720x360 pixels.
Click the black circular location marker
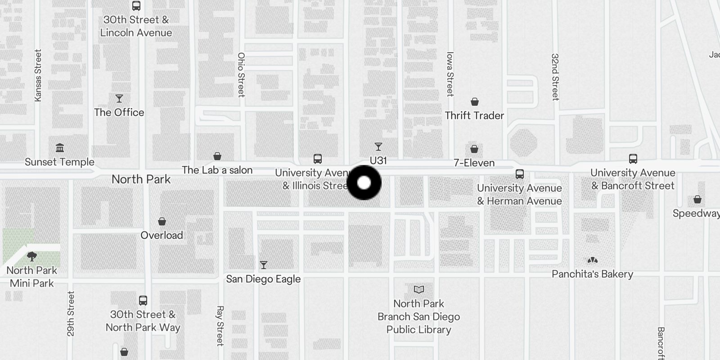tap(364, 183)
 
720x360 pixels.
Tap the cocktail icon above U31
tap(378, 147)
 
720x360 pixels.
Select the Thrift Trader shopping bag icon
tap(475, 102)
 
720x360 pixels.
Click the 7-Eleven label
tap(474, 163)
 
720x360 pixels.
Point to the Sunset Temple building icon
tap(60, 148)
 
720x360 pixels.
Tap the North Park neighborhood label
tap(141, 179)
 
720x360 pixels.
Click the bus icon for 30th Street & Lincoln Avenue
tap(136, 6)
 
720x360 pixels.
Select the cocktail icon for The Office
tap(119, 99)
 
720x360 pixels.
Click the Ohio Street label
tap(241, 75)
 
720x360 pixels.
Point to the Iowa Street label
tap(450, 74)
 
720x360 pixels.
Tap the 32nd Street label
tap(555, 77)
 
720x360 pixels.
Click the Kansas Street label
tap(38, 75)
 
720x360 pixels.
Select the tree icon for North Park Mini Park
tap(32, 256)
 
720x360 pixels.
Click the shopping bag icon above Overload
tap(162, 221)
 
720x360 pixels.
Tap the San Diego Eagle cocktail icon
tap(264, 265)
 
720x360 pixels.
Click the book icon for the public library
tap(419, 289)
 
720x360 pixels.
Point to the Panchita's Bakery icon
tap(593, 260)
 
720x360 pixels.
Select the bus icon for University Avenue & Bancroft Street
tap(633, 159)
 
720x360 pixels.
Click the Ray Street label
tap(220, 326)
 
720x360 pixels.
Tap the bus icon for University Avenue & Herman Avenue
tap(520, 174)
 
